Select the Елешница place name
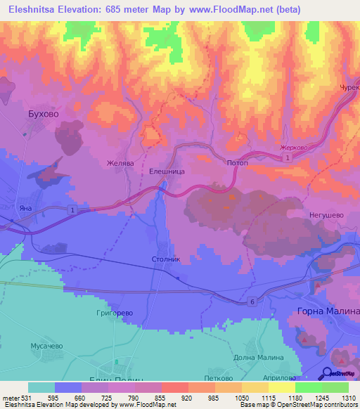167,170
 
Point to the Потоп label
238,162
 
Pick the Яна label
26,208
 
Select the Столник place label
166,259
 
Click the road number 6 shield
251,301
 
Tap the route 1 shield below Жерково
288,159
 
